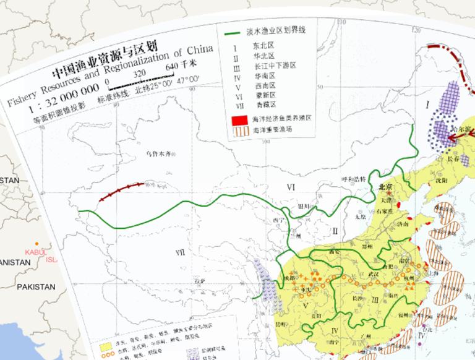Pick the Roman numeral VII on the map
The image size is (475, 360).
[x=180, y=251]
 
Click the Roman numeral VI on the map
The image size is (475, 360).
[x=291, y=186]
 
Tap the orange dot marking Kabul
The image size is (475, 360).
[x=38, y=244]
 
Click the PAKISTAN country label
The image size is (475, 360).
[x=36, y=287]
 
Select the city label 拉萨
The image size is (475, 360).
[x=199, y=281]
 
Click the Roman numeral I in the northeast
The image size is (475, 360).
[x=427, y=103]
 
